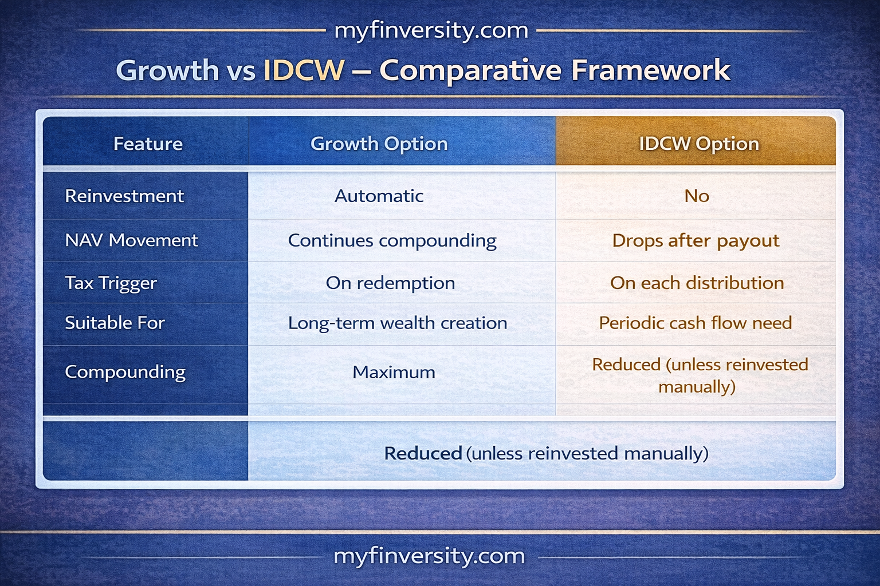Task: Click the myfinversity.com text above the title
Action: [x=431, y=31]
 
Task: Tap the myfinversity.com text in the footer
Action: [x=429, y=557]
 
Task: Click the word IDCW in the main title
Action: [x=304, y=70]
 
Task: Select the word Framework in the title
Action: [x=651, y=70]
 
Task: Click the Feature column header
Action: [x=148, y=144]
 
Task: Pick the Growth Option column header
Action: [x=379, y=144]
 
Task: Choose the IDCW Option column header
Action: [x=699, y=144]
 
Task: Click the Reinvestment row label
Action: [x=124, y=196]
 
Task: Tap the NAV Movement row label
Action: [x=132, y=240]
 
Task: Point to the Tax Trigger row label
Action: [x=111, y=283]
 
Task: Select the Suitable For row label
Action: [x=115, y=323]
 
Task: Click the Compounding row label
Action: [x=125, y=373]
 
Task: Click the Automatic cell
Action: [x=379, y=196]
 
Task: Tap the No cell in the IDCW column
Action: [x=697, y=196]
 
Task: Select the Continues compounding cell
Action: [x=392, y=241]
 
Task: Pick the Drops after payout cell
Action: [x=696, y=241]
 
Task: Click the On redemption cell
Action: [x=391, y=283]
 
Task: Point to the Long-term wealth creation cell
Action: [x=398, y=324]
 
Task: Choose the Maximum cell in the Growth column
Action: [x=394, y=372]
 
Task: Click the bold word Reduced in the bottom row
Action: [x=423, y=453]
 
